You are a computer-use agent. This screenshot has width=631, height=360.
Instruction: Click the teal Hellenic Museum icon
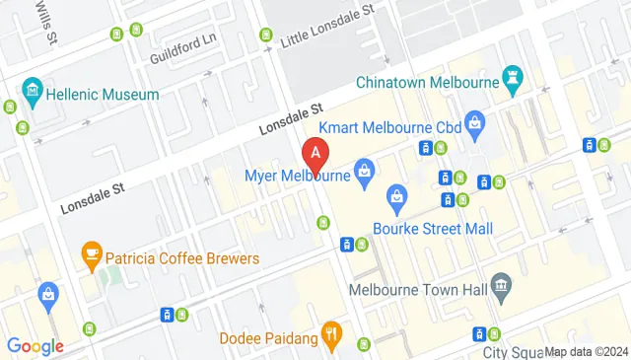(x=34, y=93)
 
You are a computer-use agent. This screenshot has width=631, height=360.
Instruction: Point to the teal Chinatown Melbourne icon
(x=513, y=79)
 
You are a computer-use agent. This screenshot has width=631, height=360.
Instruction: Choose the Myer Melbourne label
(x=298, y=177)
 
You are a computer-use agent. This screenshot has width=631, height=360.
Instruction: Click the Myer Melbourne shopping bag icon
(x=365, y=173)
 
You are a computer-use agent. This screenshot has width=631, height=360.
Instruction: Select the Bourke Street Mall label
(x=433, y=228)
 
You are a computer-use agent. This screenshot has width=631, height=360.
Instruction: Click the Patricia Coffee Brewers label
(x=182, y=258)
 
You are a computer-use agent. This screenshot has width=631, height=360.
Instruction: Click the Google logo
(x=35, y=346)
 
